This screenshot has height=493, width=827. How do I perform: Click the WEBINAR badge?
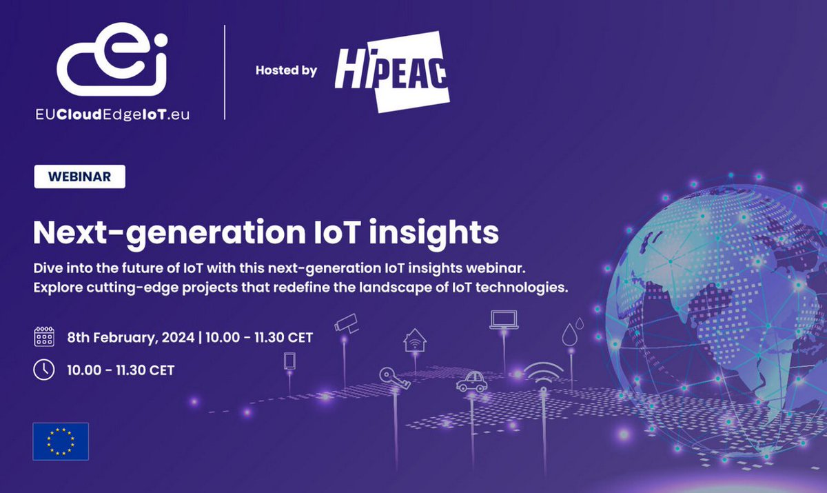pyautogui.click(x=80, y=177)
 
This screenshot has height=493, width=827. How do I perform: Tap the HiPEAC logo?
pyautogui.click(x=391, y=71)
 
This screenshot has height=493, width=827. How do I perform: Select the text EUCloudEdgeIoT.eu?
pyautogui.click(x=114, y=115)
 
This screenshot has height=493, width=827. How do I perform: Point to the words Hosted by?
pyautogui.click(x=286, y=70)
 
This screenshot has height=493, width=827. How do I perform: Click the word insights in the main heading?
pyautogui.click(x=433, y=233)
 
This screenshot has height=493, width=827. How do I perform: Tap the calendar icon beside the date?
pyautogui.click(x=44, y=338)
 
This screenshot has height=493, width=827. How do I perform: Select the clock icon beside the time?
pyautogui.click(x=44, y=370)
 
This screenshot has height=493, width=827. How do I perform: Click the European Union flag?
pyautogui.click(x=61, y=441)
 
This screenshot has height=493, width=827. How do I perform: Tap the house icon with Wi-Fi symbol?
pyautogui.click(x=415, y=339)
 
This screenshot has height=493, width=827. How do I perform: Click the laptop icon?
pyautogui.click(x=504, y=319)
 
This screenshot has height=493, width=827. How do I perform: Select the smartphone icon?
pyautogui.click(x=289, y=361)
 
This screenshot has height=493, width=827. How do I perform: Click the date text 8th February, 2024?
pyautogui.click(x=130, y=338)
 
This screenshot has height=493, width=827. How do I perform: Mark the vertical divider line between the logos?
pyautogui.click(x=225, y=72)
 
